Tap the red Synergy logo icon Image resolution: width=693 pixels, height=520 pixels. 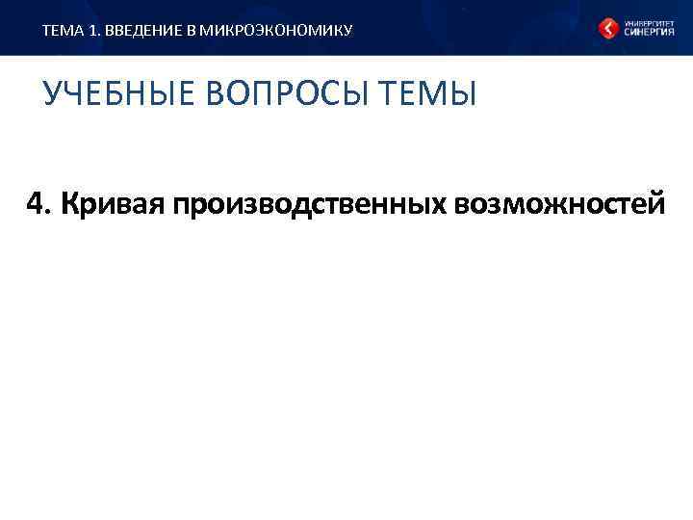(608, 28)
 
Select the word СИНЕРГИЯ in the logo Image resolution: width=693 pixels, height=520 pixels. (645, 33)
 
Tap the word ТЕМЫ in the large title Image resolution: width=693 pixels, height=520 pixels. (431, 94)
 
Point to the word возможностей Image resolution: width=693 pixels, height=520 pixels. (563, 204)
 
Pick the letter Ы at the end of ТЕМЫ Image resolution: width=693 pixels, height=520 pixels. (464, 94)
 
